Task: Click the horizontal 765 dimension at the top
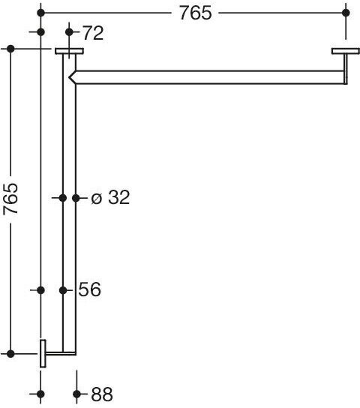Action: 195,13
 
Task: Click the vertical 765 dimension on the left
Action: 10,199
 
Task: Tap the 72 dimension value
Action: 93,33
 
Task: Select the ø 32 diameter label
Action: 110,197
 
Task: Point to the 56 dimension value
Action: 89,289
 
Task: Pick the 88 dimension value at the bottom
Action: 102,394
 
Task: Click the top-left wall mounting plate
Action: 69,51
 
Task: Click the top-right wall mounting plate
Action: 346,51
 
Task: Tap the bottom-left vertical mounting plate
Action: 43,353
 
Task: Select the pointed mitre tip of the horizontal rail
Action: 69,77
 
